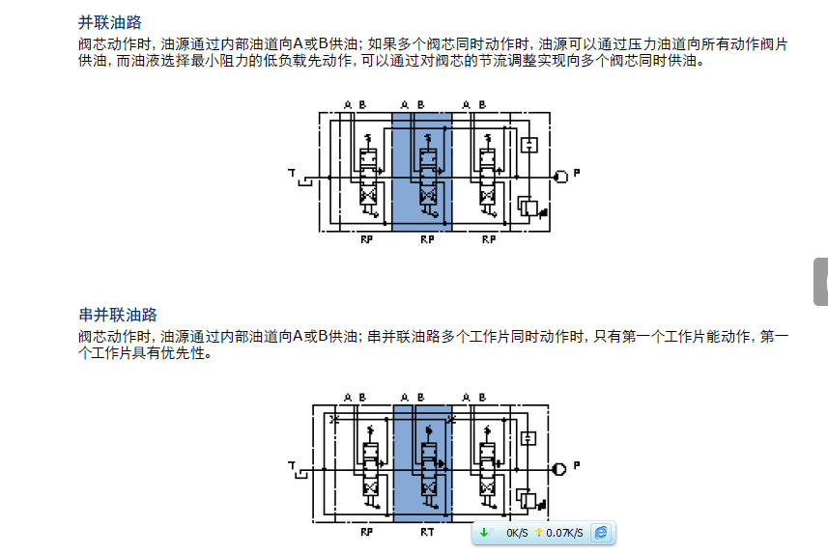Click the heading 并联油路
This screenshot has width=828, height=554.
109,23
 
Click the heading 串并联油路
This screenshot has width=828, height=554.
117,315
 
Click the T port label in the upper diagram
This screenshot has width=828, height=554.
291,173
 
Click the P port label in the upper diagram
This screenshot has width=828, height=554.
577,173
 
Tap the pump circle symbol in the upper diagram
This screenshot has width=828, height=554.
559,176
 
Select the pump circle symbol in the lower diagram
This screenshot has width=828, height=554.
559,468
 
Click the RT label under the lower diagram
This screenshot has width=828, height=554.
426,531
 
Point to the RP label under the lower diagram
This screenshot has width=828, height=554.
366,531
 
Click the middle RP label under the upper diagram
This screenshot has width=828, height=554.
426,239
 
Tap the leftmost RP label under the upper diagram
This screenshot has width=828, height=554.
366,239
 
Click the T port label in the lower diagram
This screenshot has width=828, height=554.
291,465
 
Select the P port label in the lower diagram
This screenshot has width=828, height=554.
577,465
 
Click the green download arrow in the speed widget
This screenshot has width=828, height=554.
484,533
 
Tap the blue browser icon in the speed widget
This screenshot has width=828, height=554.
601,533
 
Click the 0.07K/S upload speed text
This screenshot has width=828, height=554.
564,533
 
